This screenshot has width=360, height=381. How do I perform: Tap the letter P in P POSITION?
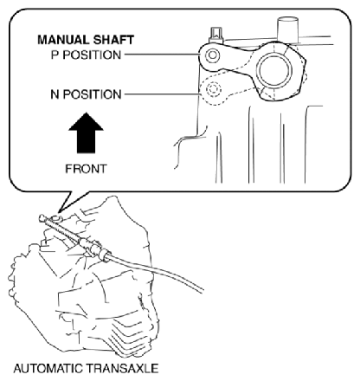55,55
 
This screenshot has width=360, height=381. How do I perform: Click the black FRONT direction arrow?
86,132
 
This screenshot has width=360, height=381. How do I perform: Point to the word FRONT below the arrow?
86,169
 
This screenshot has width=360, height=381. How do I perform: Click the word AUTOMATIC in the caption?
48,369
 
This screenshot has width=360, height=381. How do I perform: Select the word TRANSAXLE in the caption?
122,369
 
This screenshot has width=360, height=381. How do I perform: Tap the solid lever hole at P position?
213,55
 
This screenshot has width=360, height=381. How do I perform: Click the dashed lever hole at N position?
213,89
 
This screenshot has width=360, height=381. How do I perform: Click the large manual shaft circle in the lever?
273,71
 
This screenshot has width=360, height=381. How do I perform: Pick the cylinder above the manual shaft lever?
287,29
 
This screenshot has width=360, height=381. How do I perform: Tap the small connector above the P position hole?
216,36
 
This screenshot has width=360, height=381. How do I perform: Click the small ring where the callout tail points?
58,217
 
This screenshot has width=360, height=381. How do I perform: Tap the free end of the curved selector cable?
202,290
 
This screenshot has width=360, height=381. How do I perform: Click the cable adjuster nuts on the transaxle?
95,249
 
